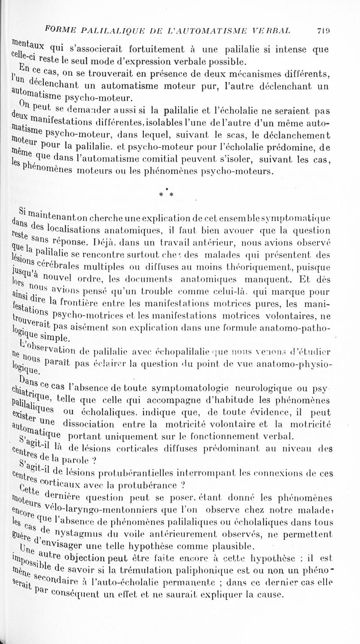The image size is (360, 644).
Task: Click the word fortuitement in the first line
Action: coord(161,45)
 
